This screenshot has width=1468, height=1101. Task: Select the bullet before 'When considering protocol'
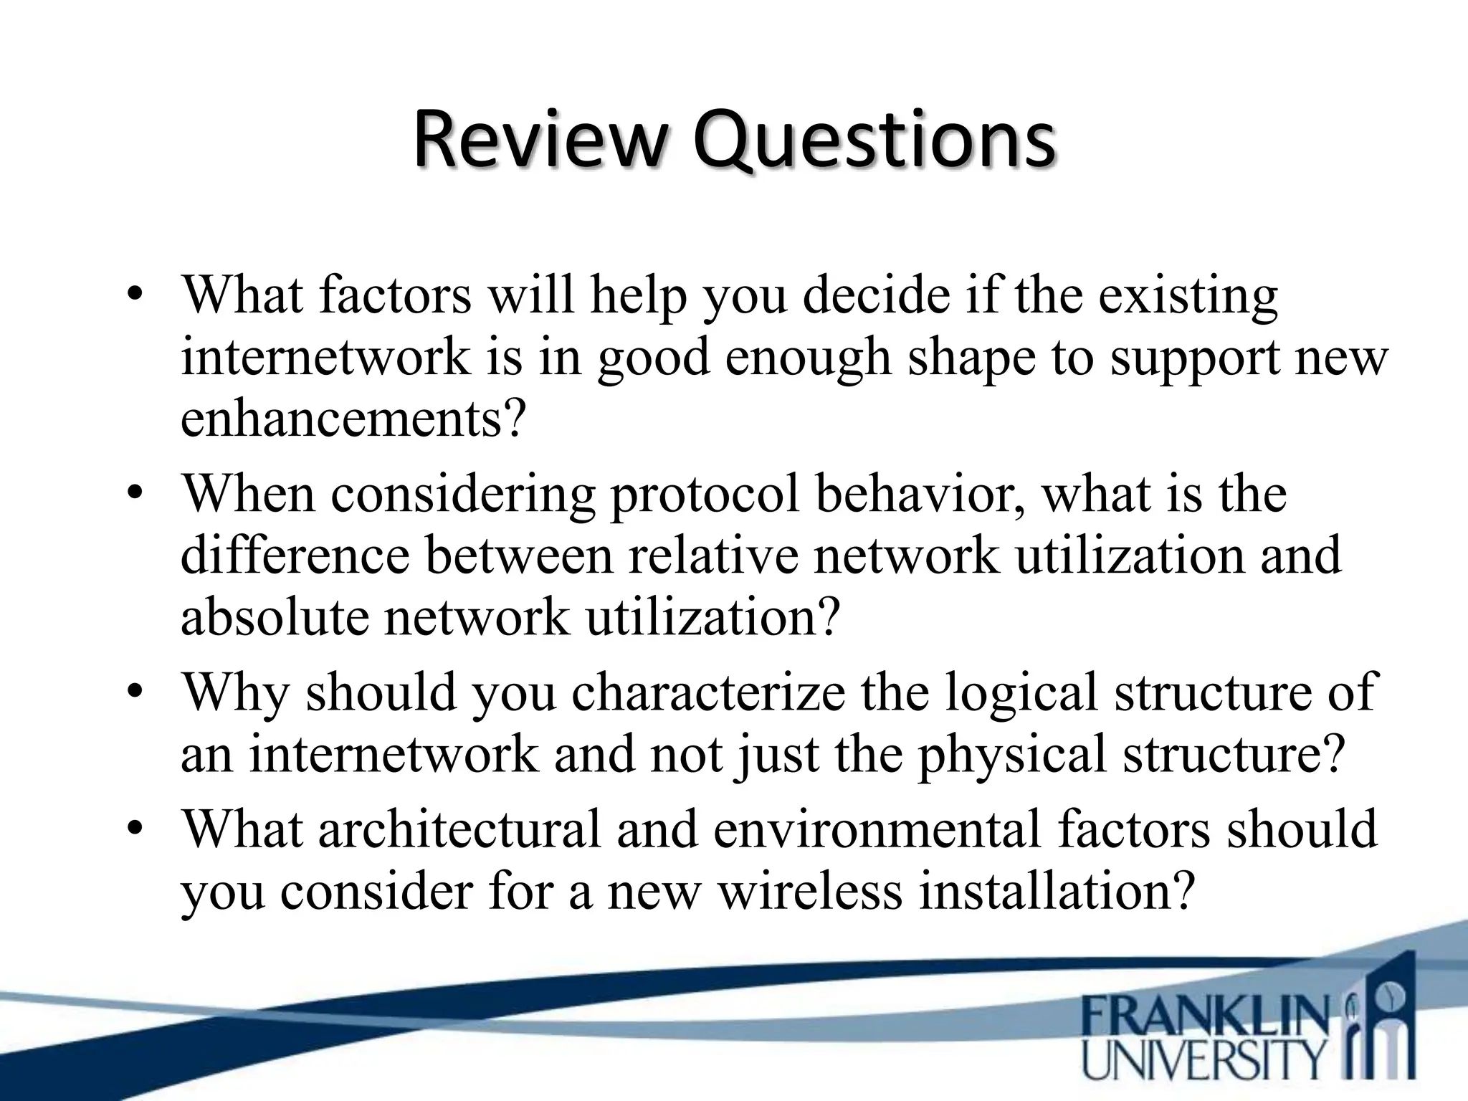click(x=135, y=495)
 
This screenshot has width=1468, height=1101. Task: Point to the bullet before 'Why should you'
click(x=135, y=693)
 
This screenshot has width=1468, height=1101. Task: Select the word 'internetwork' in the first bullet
click(x=325, y=358)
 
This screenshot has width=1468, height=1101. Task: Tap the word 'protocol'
click(x=704, y=495)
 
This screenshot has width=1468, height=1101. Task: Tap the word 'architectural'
click(x=459, y=829)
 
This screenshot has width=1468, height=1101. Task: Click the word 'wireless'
click(x=810, y=892)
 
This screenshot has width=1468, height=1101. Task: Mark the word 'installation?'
click(x=1057, y=892)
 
